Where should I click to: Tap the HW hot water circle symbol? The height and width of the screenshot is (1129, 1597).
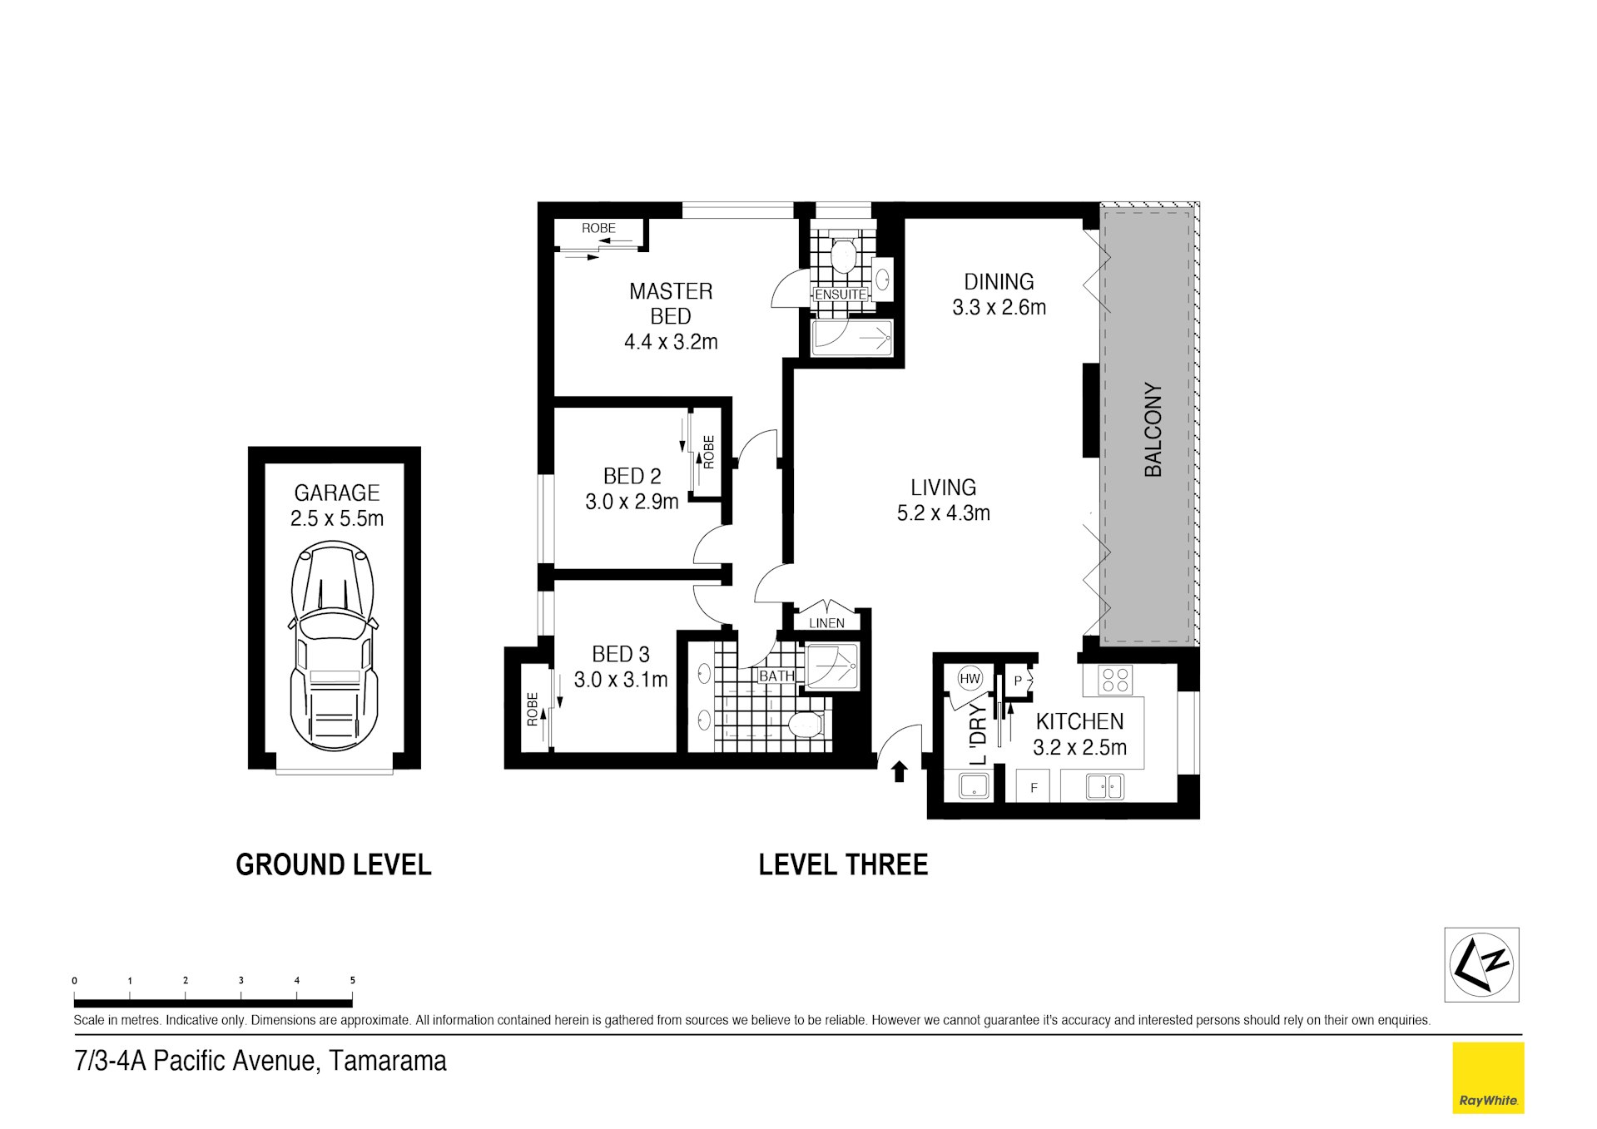tap(970, 678)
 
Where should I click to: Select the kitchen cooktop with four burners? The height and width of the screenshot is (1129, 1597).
tap(1115, 681)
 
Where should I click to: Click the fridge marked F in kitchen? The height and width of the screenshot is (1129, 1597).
tap(1034, 787)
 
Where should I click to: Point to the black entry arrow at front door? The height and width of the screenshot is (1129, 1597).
tap(899, 772)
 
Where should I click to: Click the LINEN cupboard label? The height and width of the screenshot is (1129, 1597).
tap(826, 622)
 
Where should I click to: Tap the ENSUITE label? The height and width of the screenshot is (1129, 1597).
tap(840, 295)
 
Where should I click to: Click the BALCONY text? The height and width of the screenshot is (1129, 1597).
tap(1153, 429)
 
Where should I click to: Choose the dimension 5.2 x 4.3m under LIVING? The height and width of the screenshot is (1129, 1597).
tap(943, 513)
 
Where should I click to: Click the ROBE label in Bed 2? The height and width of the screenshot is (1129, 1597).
tap(709, 452)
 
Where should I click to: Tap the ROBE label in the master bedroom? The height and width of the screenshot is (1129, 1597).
tap(598, 228)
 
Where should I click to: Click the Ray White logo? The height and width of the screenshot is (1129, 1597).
tap(1487, 1077)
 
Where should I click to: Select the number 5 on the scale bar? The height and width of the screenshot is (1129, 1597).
tap(352, 980)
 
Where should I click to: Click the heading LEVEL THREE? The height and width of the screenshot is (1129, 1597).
tap(842, 865)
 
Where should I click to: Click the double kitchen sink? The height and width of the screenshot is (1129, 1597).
tap(1104, 785)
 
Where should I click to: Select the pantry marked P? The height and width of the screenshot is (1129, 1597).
tap(1018, 681)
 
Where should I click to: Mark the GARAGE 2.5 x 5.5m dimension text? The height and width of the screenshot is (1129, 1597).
tap(336, 518)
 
